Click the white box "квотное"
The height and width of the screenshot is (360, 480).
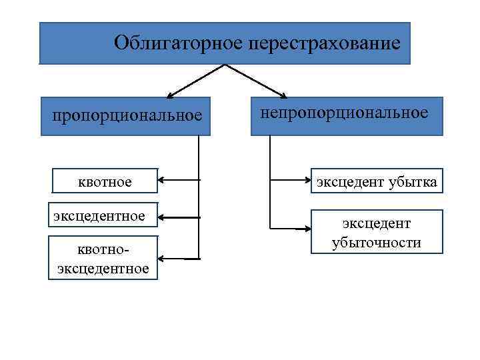pos(105,181)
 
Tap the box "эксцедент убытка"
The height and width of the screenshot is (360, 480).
pos(377,181)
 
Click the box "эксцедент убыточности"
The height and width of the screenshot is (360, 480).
pos(377,233)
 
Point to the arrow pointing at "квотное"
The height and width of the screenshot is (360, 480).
pos(179,180)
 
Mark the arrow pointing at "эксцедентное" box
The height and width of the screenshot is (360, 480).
pos(179,217)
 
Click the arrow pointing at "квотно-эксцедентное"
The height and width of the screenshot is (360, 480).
pos(179,258)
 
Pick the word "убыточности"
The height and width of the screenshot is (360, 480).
pos(377,242)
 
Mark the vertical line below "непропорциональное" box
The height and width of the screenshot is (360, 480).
pos(270,180)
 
